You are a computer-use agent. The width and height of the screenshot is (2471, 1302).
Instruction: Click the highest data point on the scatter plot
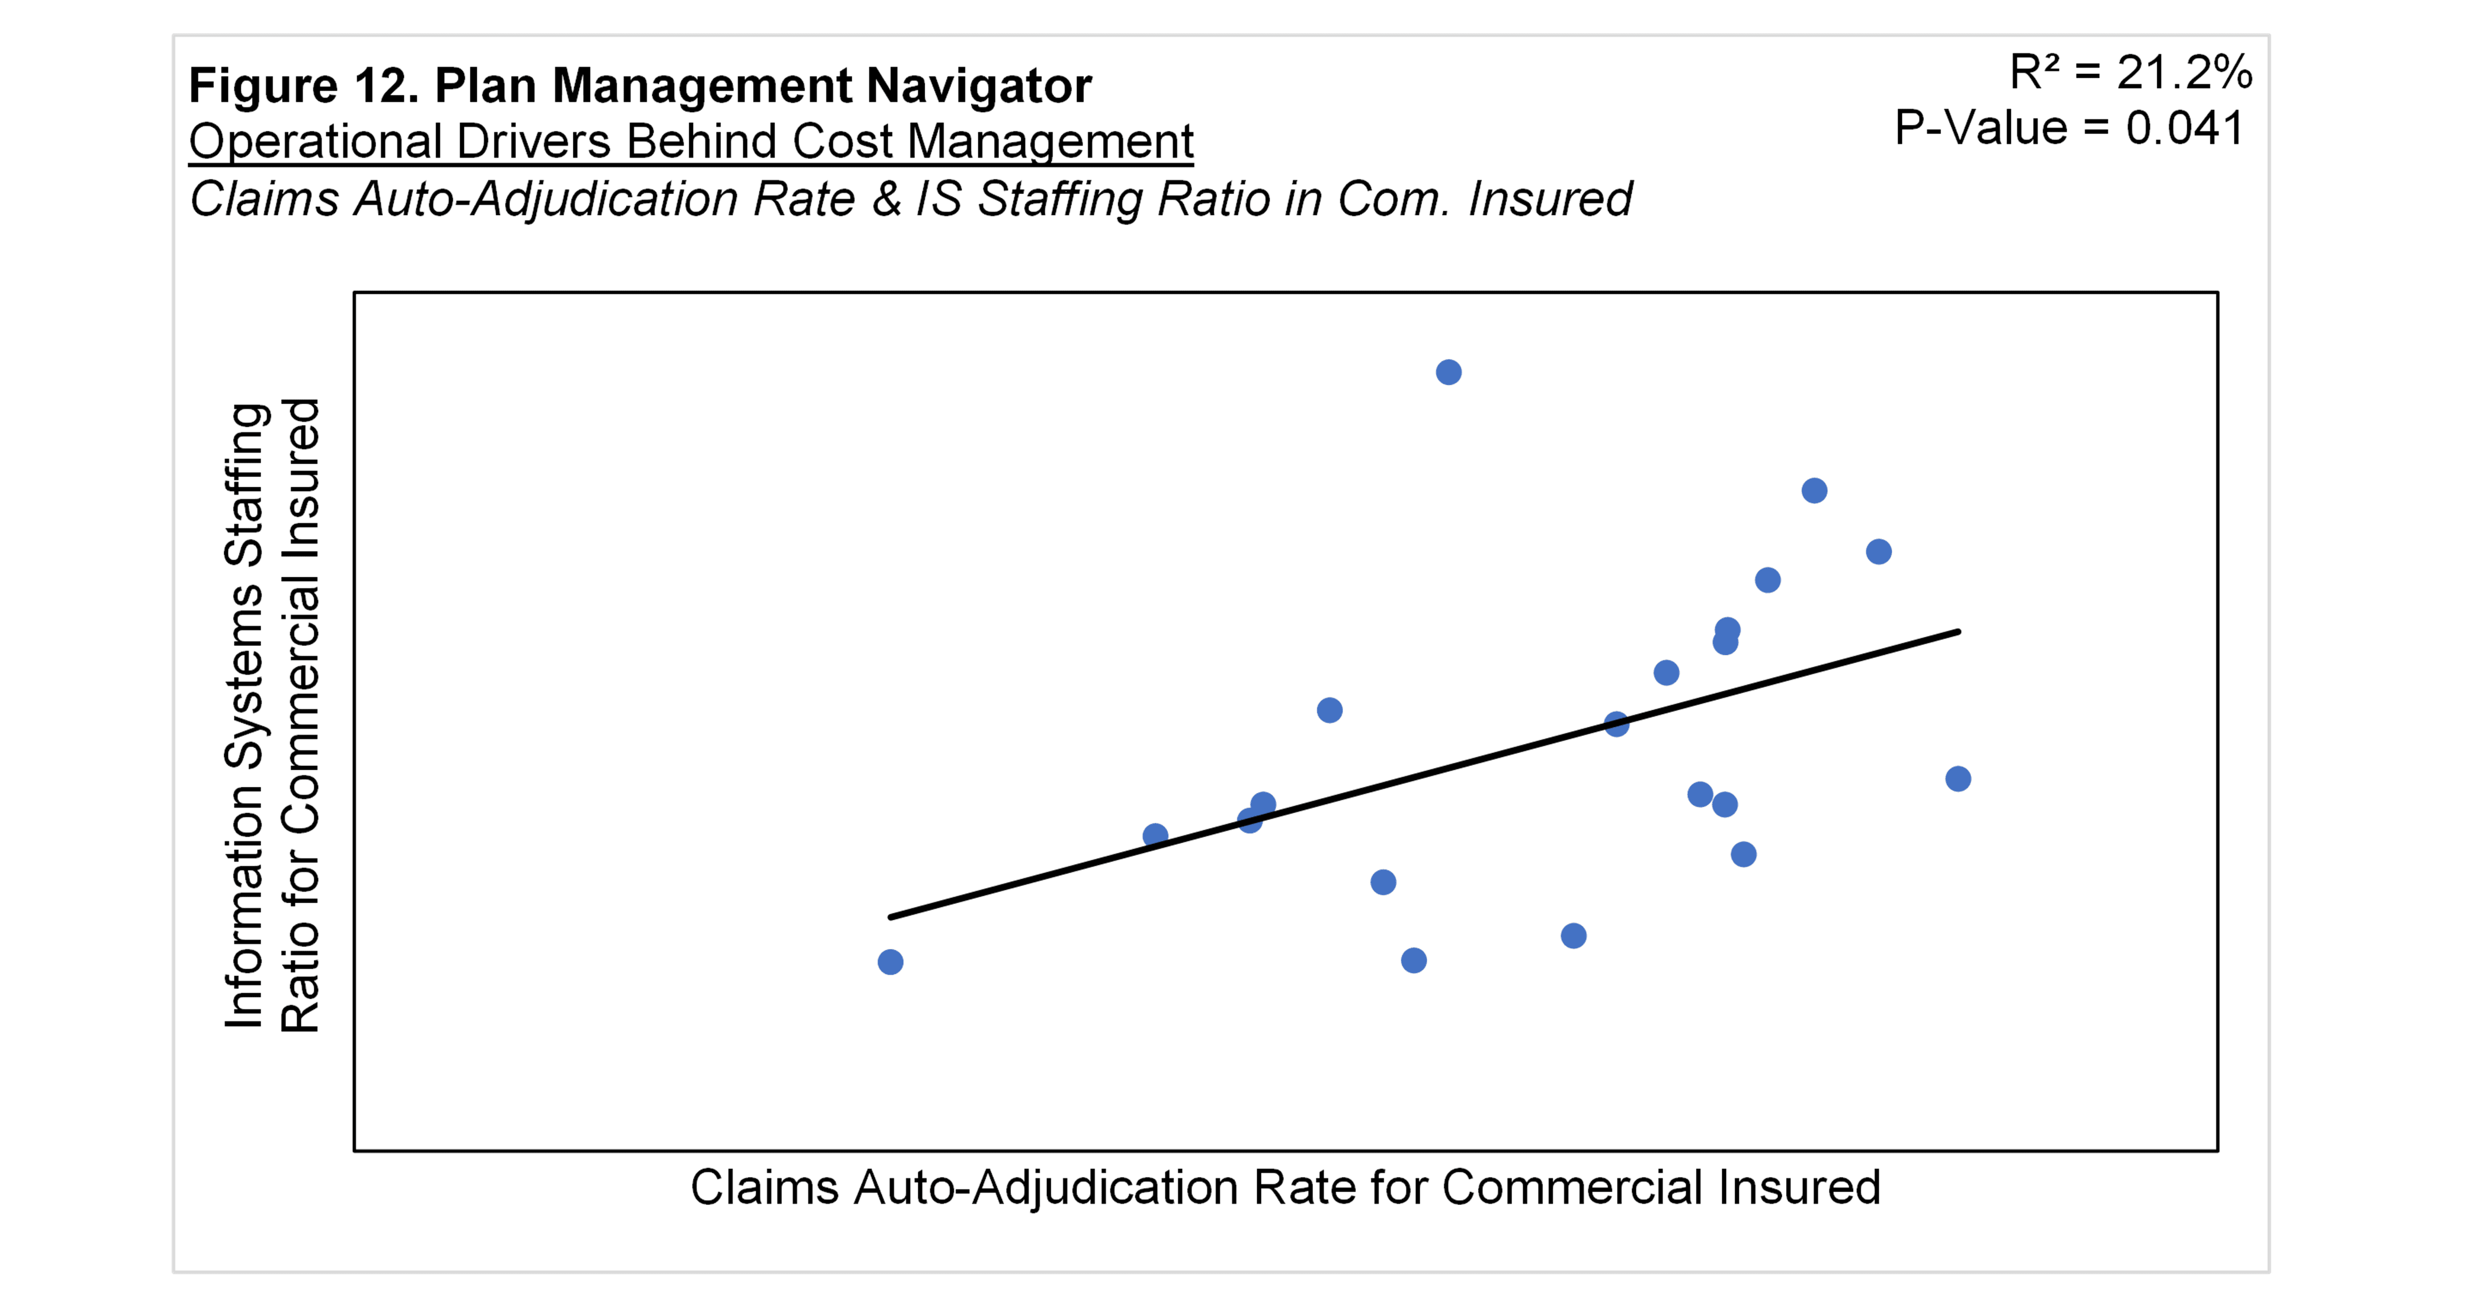(1449, 372)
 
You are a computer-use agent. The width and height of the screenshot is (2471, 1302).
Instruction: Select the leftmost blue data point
(890, 962)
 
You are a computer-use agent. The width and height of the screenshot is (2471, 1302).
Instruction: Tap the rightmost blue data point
(1958, 778)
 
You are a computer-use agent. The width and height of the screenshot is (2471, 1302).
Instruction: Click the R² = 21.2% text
(2130, 73)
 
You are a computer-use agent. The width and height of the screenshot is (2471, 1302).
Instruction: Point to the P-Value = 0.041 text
(2069, 129)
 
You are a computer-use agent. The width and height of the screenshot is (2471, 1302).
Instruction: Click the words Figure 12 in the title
(302, 86)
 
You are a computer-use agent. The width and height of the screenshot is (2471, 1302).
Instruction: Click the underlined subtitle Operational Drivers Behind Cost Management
(691, 142)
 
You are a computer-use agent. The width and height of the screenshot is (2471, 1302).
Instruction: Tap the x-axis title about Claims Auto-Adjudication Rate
(1285, 1187)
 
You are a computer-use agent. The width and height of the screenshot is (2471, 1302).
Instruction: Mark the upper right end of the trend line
(1958, 632)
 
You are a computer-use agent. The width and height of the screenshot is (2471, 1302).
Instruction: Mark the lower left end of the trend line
(891, 917)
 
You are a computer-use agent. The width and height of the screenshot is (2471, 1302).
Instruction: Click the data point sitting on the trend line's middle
(1617, 724)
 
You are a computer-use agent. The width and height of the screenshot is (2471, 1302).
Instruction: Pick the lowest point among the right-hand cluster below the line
(1744, 854)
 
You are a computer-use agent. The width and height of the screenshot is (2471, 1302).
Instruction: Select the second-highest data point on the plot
(1814, 491)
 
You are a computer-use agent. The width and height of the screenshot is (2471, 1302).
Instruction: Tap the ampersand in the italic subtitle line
(887, 199)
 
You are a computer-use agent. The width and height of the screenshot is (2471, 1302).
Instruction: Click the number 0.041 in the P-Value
(2184, 129)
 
